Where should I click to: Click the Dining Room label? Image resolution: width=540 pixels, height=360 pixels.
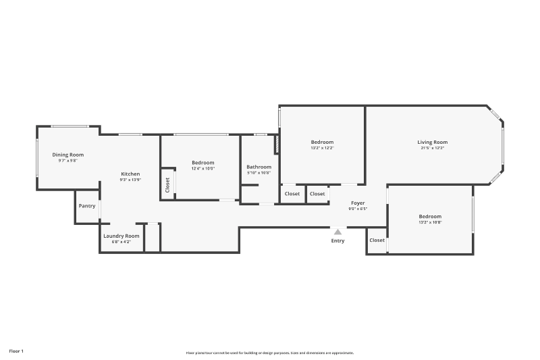pyautogui.click(x=68, y=155)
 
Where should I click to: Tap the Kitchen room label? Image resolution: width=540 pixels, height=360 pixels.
pyautogui.click(x=130, y=174)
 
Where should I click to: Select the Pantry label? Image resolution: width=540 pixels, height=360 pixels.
pyautogui.click(x=87, y=206)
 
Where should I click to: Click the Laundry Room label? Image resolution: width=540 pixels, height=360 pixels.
pyautogui.click(x=122, y=236)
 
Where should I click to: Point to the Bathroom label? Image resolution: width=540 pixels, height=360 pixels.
pyautogui.click(x=259, y=167)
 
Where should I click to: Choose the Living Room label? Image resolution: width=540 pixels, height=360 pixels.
pyautogui.click(x=432, y=142)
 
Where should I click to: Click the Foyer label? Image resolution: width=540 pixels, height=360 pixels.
pyautogui.click(x=358, y=203)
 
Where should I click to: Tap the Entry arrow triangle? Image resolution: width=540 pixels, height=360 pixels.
pyautogui.click(x=337, y=232)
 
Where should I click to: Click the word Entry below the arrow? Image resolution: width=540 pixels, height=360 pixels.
pyautogui.click(x=337, y=241)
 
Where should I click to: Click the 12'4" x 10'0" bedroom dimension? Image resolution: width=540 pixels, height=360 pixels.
pyautogui.click(x=202, y=169)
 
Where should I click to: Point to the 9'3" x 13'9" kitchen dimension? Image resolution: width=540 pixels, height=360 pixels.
pyautogui.click(x=130, y=180)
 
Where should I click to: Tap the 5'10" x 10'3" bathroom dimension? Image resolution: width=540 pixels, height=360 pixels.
pyautogui.click(x=259, y=173)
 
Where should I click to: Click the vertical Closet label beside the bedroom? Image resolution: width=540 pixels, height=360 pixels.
pyautogui.click(x=167, y=184)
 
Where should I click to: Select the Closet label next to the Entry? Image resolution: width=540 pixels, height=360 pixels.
pyautogui.click(x=377, y=240)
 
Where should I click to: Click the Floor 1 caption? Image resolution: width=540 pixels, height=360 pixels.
pyautogui.click(x=16, y=351)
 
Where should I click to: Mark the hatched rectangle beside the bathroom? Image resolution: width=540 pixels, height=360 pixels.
pyautogui.click(x=276, y=144)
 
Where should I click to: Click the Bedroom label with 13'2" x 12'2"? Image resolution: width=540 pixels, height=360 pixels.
pyautogui.click(x=322, y=142)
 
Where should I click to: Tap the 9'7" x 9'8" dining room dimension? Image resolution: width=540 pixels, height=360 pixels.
pyautogui.click(x=68, y=161)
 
